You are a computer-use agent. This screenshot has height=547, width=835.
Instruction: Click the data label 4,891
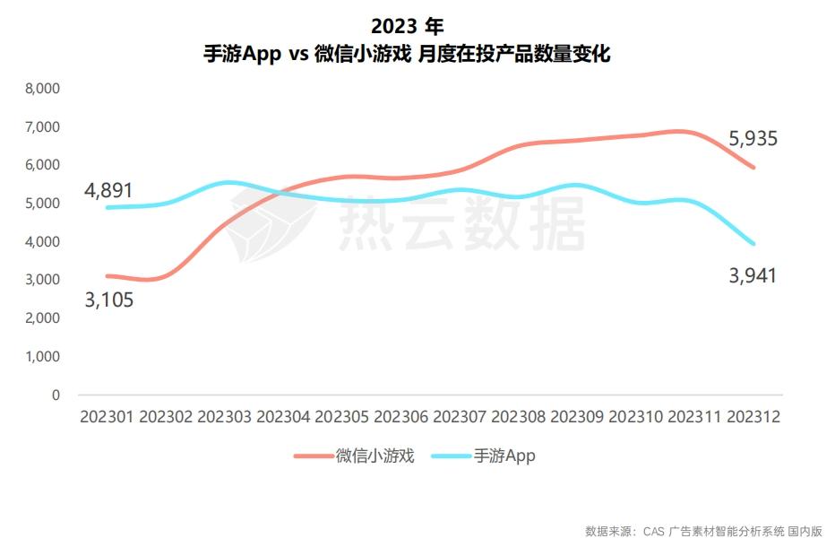pos(108,190)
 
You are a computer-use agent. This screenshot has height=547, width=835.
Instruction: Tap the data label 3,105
pos(108,300)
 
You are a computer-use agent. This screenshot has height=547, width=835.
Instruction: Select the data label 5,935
pos(753,139)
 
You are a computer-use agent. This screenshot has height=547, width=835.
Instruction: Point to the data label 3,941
pos(753,275)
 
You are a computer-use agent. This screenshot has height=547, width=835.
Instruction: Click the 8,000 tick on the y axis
pos(42,89)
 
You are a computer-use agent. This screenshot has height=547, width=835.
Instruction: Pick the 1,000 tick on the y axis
pos(42,356)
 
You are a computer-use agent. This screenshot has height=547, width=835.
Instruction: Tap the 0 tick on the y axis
pos(55,395)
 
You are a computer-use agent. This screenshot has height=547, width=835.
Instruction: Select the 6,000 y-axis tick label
pos(42,165)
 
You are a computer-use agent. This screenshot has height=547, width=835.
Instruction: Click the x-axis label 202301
pos(108,417)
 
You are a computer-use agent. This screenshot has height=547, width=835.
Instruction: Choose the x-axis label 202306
pos(401,417)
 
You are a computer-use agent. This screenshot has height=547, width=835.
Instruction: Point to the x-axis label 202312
pos(753,417)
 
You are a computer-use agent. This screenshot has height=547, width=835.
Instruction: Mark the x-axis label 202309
pos(578,417)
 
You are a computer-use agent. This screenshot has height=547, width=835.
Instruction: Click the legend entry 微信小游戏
pos(374,456)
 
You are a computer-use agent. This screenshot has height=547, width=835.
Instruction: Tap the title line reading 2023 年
pos(407,25)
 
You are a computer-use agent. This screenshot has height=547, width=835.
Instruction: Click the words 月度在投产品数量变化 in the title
pos(514,54)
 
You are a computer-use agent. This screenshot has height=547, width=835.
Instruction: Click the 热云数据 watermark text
pos(461,221)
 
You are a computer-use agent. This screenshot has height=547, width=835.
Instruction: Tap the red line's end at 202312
pos(754,168)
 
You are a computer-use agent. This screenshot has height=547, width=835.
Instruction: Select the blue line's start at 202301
pos(108,207)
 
